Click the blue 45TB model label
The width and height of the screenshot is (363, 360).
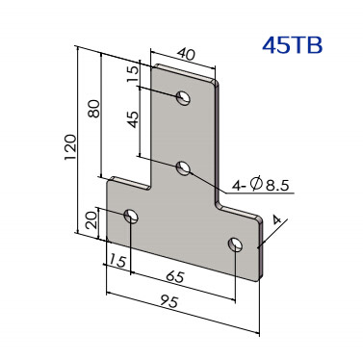point(292,45)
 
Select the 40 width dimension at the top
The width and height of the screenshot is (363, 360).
point(186,54)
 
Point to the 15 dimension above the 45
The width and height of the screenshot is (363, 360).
point(134,74)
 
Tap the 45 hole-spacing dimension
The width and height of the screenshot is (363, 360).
point(134,119)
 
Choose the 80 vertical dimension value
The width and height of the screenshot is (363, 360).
point(94,109)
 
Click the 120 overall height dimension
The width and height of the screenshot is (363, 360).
point(70,147)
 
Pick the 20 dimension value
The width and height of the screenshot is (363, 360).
point(91,219)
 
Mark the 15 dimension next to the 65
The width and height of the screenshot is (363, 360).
point(117,261)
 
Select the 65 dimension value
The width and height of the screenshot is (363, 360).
point(175,276)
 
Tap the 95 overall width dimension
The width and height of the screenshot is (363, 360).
point(169,301)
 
